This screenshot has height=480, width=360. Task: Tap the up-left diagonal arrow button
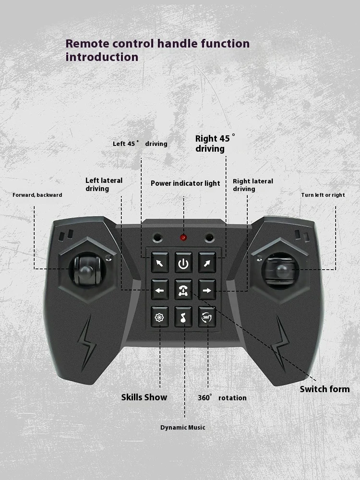(x=160, y=263)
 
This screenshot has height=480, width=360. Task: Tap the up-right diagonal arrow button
(x=207, y=263)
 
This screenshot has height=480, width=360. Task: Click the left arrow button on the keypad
(x=160, y=289)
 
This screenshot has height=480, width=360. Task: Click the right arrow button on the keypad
(x=207, y=289)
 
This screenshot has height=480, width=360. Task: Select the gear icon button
(x=159, y=317)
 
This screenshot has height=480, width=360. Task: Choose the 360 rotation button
(x=207, y=317)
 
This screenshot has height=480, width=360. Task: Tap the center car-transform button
(x=183, y=289)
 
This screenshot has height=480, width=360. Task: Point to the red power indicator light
(x=183, y=238)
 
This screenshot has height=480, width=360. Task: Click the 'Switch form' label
(x=324, y=389)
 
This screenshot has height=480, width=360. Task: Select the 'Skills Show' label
(x=144, y=397)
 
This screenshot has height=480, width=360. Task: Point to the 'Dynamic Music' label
(x=183, y=427)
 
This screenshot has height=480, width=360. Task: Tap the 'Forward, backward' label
(x=37, y=195)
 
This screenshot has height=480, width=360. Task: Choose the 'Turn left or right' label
(x=323, y=195)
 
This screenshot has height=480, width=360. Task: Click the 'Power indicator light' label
(x=185, y=183)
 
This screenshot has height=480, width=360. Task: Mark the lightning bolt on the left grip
(x=87, y=344)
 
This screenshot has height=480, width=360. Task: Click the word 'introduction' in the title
(x=102, y=57)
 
